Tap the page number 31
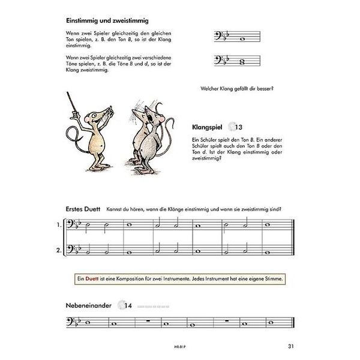tap(290, 345)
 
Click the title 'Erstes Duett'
tap(83, 209)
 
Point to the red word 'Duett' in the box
tap(92, 279)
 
